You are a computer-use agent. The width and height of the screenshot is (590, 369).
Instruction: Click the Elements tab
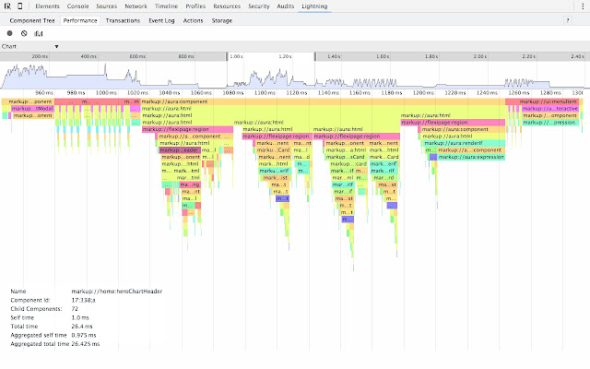pos(48,6)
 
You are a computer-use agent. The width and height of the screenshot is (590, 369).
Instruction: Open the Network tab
pos(136,6)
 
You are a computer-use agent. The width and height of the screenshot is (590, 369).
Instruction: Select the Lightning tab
pos(314,6)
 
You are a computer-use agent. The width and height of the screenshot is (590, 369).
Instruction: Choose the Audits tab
pos(284,6)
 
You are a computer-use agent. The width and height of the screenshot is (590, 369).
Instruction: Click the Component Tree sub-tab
pos(31,19)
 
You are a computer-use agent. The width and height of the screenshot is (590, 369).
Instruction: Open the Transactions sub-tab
pos(123,19)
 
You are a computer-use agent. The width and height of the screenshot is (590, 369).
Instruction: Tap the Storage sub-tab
pos(222,19)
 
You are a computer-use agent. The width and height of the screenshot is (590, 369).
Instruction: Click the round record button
pos(9,33)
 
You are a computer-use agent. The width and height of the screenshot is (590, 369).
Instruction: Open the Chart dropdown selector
pos(30,46)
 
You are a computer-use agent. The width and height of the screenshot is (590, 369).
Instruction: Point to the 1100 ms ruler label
pos(265,93)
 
